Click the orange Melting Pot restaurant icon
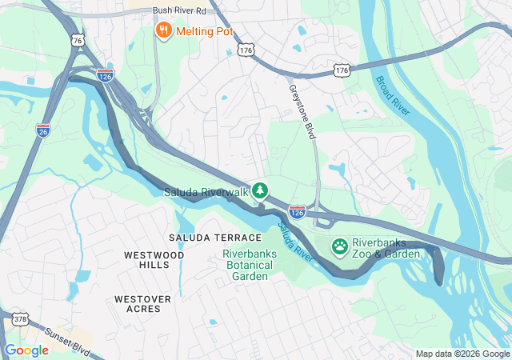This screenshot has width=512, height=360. [x=164, y=30]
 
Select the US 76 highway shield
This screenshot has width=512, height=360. [x=77, y=40]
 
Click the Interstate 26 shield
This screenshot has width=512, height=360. [x=42, y=129]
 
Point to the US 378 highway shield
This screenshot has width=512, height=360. [x=21, y=319]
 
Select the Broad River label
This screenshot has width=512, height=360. [x=393, y=95]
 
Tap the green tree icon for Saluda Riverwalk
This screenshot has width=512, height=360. [x=259, y=190]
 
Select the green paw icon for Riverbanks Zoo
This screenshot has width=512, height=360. [x=339, y=246]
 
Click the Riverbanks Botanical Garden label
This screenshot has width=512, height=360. [x=250, y=265]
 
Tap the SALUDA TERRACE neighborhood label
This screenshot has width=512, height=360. [x=215, y=238]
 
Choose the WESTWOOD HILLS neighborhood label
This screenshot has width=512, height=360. [x=154, y=259]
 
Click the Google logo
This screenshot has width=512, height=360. [x=26, y=350]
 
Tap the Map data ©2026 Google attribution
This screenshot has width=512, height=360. [x=462, y=354]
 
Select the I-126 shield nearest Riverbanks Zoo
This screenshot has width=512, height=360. [x=297, y=210]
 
